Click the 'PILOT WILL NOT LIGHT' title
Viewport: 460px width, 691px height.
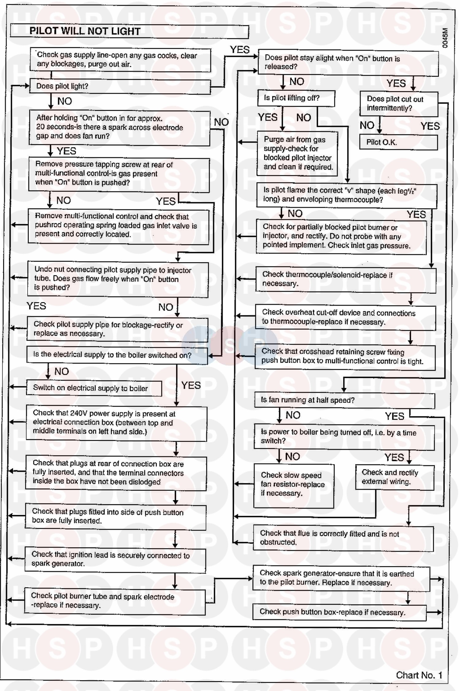[85, 31]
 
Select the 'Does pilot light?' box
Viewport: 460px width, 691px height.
[120, 86]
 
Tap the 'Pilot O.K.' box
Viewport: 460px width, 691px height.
[398, 142]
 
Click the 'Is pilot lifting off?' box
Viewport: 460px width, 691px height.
[296, 98]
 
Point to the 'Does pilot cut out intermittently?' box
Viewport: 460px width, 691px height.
[399, 104]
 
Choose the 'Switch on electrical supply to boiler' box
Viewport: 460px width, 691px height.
[94, 388]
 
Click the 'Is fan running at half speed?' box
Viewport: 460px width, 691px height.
[344, 400]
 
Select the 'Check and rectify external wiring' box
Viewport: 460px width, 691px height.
[394, 477]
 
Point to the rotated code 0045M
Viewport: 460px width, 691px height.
[445, 38]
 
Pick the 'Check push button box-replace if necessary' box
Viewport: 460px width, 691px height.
[339, 612]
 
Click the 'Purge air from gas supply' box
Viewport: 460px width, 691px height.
[297, 153]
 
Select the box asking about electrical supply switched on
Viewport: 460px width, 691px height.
[117, 355]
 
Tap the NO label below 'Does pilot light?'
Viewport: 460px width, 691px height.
[64, 101]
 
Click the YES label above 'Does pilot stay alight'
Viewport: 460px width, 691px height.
[240, 50]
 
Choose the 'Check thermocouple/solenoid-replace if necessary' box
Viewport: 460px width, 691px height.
[346, 279]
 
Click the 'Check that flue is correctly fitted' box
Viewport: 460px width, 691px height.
[343, 538]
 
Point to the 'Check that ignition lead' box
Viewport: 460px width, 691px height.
[115, 559]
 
